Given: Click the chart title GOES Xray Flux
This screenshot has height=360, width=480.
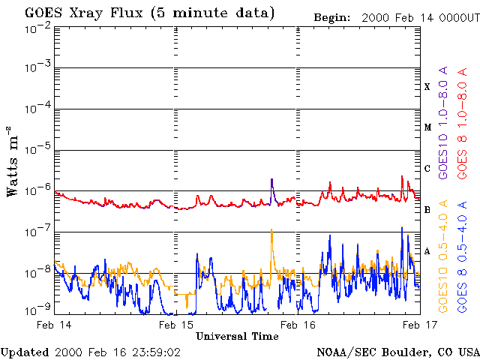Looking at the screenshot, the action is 83,13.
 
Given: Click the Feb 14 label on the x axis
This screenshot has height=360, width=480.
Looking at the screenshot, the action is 54,325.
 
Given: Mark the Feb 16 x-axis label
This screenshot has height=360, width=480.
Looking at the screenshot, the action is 298,325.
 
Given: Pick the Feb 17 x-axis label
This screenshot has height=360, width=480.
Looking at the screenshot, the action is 420,325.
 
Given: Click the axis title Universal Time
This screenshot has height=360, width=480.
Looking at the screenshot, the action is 237,337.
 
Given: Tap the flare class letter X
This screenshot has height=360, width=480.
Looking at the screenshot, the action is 427,87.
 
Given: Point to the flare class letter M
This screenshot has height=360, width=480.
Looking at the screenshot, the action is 427,127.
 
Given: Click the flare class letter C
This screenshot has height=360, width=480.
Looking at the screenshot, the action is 427,168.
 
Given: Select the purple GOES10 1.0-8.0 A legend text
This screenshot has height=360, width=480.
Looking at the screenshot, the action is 443,122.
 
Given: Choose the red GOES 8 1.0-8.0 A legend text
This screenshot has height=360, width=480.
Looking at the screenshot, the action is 462,123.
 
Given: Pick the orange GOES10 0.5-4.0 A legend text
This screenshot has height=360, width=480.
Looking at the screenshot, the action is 443,256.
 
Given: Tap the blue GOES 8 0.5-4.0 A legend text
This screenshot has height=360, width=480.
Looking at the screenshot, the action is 462,256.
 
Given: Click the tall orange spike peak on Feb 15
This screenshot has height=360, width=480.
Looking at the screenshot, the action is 271,229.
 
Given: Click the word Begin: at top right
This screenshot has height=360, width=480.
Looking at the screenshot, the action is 331,18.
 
